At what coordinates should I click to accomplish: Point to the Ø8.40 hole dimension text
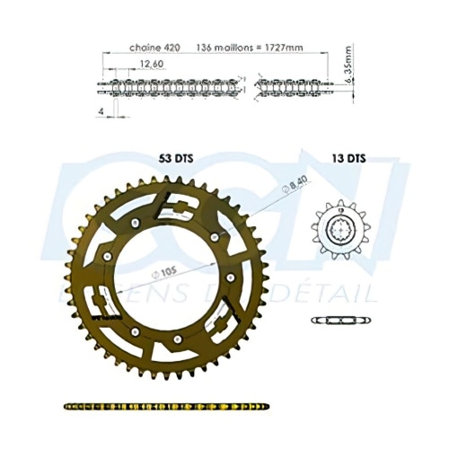(x=277, y=189)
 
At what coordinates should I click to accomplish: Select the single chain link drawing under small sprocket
(x=340, y=321)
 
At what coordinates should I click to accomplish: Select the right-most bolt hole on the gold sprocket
(x=232, y=277)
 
